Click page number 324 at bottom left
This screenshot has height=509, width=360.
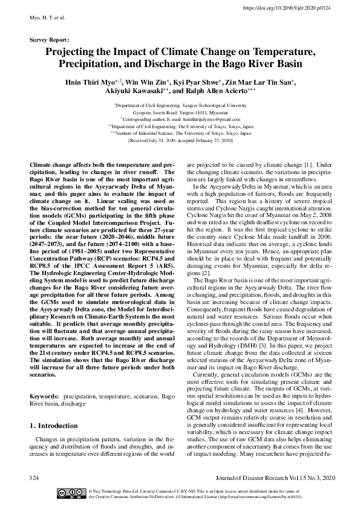pyautogui.click(x=34, y=478)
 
